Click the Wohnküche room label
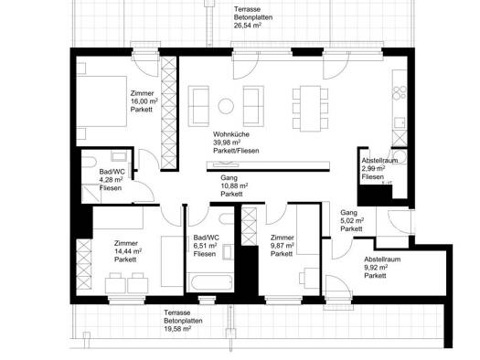[231, 134]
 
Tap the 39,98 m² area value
[227, 143]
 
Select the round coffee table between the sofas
[226, 106]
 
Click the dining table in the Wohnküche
[311, 109]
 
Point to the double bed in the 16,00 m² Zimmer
[101, 101]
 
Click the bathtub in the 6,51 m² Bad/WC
[210, 283]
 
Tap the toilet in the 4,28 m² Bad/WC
[89, 162]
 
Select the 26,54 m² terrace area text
[248, 26]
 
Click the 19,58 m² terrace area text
[177, 329]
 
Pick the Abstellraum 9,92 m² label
[382, 268]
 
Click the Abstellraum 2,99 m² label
[379, 168]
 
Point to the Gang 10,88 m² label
[234, 185]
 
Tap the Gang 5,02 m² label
[352, 220]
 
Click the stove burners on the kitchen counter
[400, 93]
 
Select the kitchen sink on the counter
[400, 122]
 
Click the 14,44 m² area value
[128, 251]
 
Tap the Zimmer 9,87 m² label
[283, 246]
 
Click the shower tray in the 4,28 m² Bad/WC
[91, 194]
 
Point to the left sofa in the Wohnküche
[198, 106]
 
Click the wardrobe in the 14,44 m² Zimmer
[83, 264]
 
